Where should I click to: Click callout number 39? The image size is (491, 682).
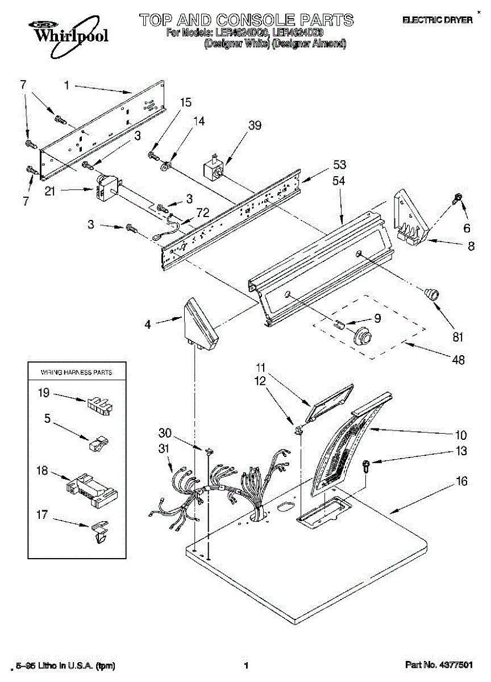[x=255, y=126]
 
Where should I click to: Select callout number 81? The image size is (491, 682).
[x=458, y=336]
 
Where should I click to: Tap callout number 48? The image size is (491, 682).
[x=458, y=360]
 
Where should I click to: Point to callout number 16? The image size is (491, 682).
[x=461, y=482]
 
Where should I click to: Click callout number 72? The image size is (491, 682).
[x=202, y=213]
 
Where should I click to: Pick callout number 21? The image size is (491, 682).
[x=50, y=192]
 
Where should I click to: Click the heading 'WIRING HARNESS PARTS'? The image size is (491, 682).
[x=76, y=372]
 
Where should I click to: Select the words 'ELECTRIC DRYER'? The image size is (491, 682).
[x=437, y=20]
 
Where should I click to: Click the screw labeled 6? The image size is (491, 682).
[x=456, y=198]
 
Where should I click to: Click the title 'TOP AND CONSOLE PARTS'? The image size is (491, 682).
[x=247, y=20]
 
